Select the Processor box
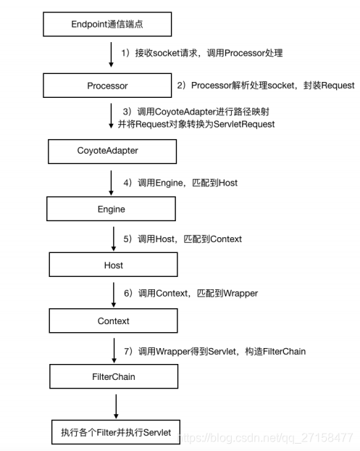tap(106, 86)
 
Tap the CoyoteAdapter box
tap(113, 152)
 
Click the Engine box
tap(111, 209)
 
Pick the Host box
tap(112, 265)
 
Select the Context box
tap(113, 320)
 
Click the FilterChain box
tap(113, 377)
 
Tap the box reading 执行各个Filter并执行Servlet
tap(116, 432)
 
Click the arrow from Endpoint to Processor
tap(111, 54)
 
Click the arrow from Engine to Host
tap(112, 237)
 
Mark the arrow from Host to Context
tap(114, 293)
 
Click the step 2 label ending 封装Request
tap(266, 86)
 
